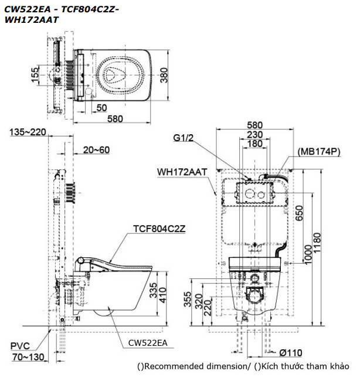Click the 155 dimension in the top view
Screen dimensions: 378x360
pos(36,74)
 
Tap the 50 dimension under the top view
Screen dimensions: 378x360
pos(101,107)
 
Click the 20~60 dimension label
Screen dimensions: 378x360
pos(96,150)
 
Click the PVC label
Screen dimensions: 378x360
pos(21,345)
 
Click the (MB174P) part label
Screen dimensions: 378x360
pos(319,151)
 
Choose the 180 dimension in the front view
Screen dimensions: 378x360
pos(254,144)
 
